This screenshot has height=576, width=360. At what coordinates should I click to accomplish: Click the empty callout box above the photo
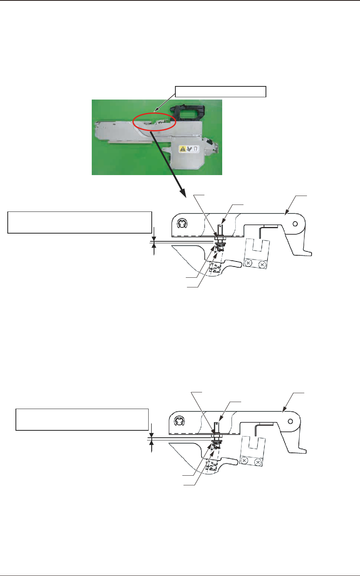(x=221, y=92)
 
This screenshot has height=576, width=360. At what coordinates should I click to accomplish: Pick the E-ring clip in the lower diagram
(x=180, y=421)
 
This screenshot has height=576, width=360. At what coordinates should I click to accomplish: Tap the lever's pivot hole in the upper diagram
(x=295, y=224)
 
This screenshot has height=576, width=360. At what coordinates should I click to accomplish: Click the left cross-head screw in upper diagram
(x=249, y=264)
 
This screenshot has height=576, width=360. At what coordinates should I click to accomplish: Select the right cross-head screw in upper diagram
(x=262, y=265)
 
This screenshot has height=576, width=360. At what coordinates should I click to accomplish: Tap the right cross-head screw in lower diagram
(x=257, y=462)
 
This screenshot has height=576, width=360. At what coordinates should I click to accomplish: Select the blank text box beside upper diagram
(x=79, y=222)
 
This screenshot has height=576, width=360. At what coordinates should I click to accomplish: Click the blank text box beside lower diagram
(x=82, y=419)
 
